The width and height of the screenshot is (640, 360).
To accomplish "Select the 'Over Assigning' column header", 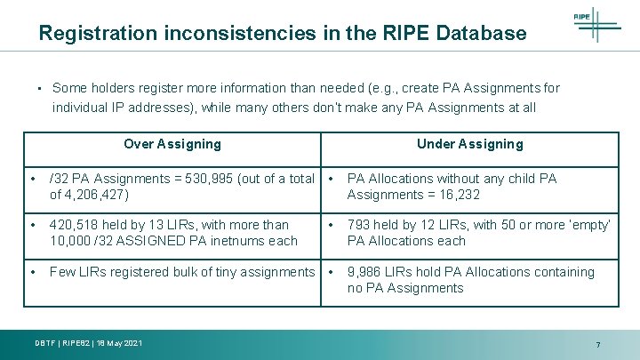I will (172, 144).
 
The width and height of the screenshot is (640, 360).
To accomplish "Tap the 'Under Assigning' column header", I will (470, 144).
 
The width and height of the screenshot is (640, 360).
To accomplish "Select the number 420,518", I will (74, 225).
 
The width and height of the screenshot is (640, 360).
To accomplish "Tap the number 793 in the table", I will (359, 225).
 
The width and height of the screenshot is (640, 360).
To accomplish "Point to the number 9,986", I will (366, 272).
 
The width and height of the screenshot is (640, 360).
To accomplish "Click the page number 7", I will (598, 344).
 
